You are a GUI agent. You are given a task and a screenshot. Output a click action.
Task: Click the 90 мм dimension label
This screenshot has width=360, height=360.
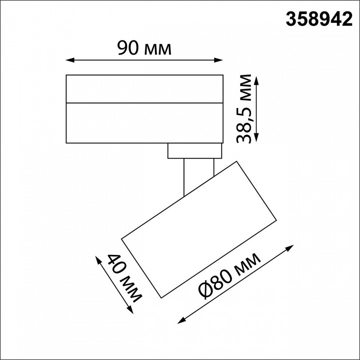click(144, 48)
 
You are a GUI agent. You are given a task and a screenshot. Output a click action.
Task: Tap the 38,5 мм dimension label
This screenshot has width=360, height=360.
click(246, 109)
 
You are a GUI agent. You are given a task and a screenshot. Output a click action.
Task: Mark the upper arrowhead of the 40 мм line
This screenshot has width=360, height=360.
click(98, 259)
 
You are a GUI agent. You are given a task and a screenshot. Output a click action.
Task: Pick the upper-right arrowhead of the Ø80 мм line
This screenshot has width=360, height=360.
click(290, 248)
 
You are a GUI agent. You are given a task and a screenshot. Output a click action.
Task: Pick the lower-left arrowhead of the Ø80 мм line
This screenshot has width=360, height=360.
click(181, 320)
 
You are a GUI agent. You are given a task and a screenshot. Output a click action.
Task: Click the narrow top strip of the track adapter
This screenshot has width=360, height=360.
click(144, 88)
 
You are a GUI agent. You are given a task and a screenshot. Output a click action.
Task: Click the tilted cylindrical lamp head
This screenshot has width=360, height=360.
click(200, 230)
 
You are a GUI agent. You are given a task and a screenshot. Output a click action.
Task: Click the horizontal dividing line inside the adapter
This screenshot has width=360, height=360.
click(144, 102)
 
